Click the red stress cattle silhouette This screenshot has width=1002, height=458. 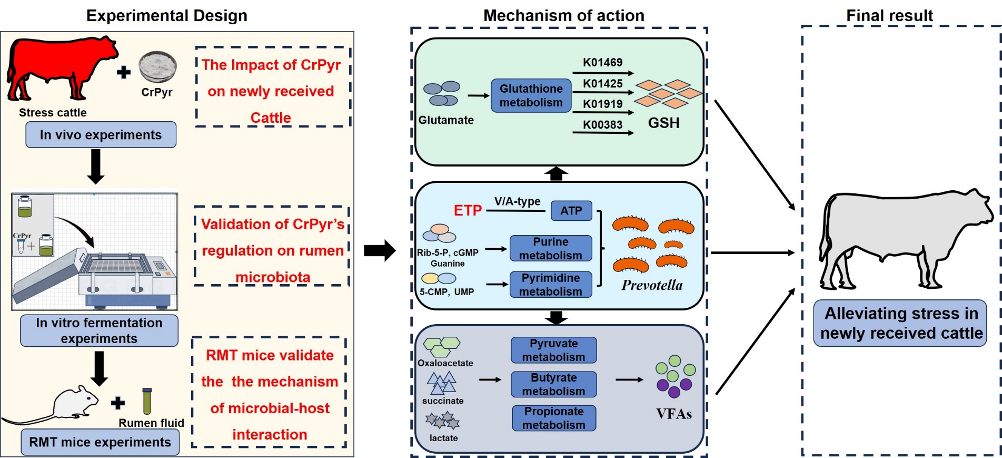58,66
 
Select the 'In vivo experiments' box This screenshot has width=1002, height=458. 101,135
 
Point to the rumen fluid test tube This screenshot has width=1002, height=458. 147,402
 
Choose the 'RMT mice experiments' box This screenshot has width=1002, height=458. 100,442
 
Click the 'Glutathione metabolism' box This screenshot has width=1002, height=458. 531,95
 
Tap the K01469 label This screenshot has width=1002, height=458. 602,63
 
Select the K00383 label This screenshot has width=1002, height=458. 602,125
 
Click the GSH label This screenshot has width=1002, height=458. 663,123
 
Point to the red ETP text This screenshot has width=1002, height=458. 468,211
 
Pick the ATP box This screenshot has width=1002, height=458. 571,211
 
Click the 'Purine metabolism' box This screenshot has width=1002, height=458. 551,248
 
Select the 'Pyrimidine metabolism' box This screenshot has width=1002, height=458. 551,285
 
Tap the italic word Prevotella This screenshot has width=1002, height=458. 652,285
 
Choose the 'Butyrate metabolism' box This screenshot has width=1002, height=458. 553,384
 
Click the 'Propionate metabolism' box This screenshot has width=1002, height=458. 554,418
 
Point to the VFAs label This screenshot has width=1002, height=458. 674,414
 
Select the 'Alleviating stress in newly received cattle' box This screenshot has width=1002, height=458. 900,323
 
